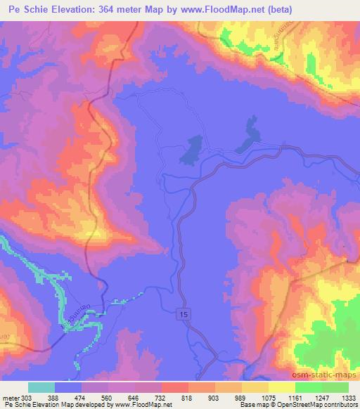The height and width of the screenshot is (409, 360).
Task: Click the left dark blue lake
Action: coord(191,150)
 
